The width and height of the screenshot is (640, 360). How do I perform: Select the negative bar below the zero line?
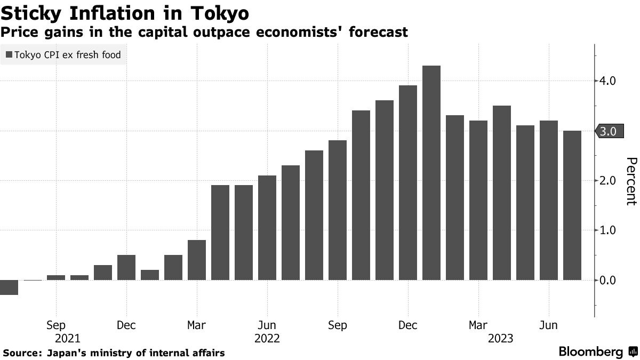pyautogui.click(x=9, y=287)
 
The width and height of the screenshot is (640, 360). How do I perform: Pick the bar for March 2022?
pyautogui.click(x=197, y=260)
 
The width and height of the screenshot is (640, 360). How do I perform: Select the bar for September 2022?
pyautogui.click(x=338, y=210)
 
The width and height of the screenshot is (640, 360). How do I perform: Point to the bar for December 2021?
pyautogui.click(x=126, y=267)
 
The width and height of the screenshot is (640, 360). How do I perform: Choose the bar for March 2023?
pyautogui.click(x=478, y=200)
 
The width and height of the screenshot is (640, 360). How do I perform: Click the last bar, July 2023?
pyautogui.click(x=572, y=205)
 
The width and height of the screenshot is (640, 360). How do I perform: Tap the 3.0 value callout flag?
pyautogui.click(x=608, y=131)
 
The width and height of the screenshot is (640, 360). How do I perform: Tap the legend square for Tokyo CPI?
pyautogui.click(x=9, y=54)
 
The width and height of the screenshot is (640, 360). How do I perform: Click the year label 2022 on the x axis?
pyautogui.click(x=267, y=338)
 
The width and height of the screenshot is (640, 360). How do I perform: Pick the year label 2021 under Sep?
pyautogui.click(x=67, y=338)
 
